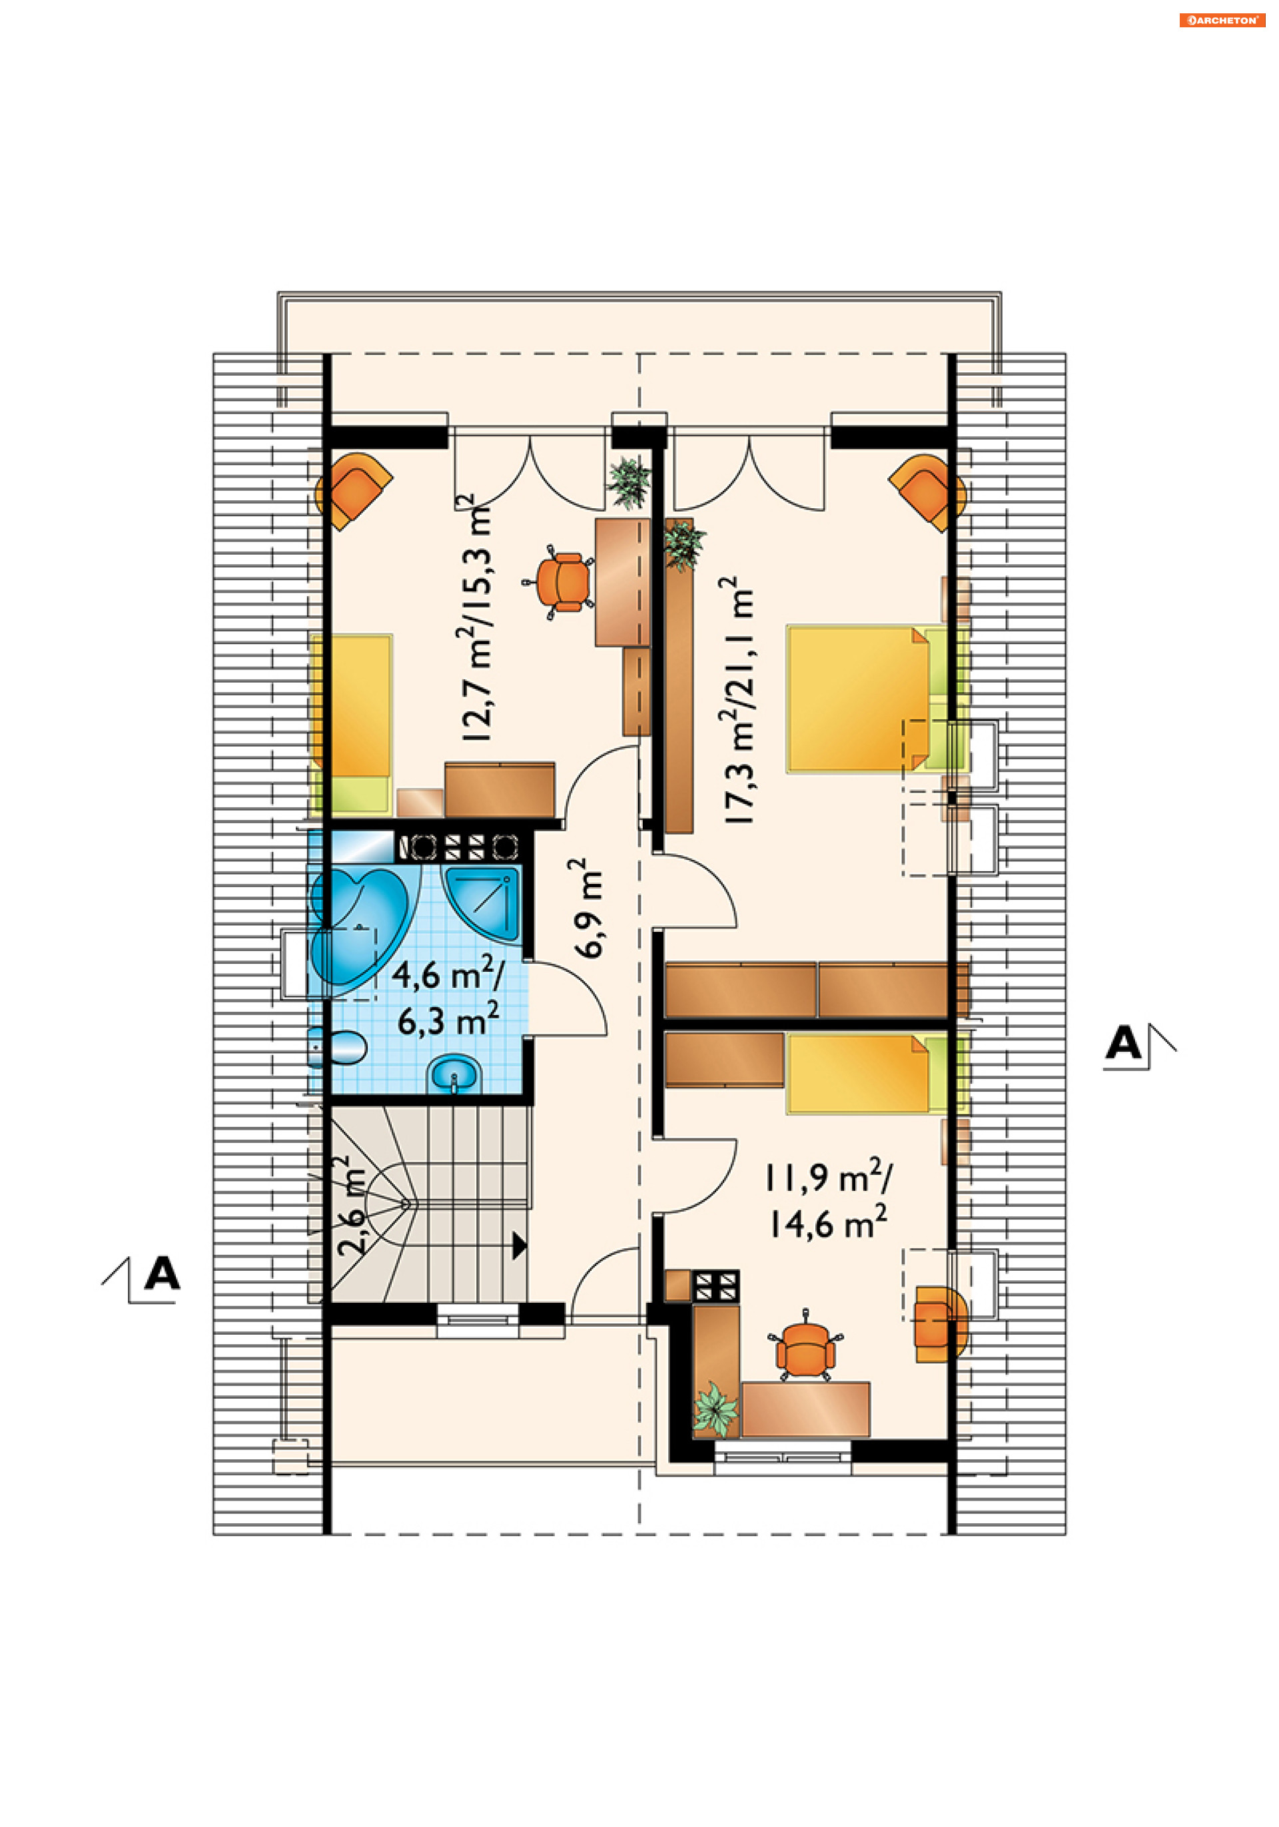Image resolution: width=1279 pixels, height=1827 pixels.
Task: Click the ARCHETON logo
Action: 1222,21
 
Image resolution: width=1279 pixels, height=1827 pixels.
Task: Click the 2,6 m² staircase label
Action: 351,1206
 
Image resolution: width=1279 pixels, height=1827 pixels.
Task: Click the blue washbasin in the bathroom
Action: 454,1074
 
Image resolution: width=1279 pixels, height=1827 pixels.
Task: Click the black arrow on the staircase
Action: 519,1246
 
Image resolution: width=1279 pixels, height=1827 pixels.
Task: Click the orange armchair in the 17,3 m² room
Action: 927,491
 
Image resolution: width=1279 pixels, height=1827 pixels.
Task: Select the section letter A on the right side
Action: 1124,1042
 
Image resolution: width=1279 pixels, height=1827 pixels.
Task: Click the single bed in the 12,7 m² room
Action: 351,723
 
